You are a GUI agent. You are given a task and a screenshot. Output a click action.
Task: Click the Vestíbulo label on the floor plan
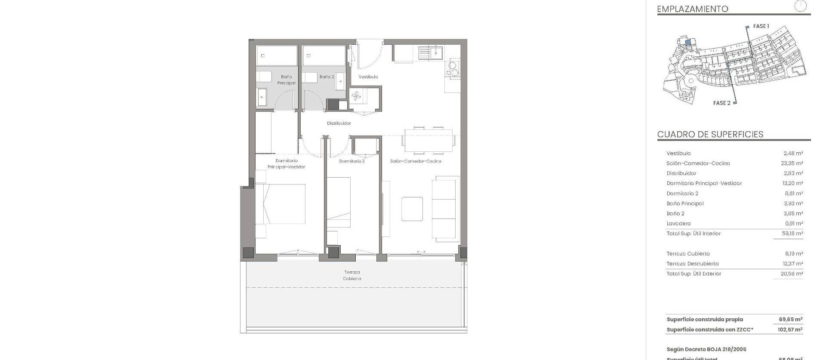pyautogui.click(x=368, y=77)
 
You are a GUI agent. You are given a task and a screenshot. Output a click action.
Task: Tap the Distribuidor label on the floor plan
pyautogui.click(x=339, y=123)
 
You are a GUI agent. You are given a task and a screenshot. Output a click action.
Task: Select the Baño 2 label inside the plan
pyautogui.click(x=327, y=77)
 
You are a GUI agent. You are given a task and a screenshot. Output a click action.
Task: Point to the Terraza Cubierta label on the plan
pyautogui.click(x=352, y=275)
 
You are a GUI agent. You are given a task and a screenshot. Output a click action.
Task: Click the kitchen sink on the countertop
pyautogui.click(x=431, y=53)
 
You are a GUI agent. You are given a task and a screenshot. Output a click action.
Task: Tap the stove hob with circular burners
pyautogui.click(x=452, y=69)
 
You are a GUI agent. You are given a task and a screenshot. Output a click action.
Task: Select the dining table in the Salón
pyautogui.click(x=428, y=140)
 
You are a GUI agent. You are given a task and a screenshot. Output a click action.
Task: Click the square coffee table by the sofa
pyautogui.click(x=412, y=209)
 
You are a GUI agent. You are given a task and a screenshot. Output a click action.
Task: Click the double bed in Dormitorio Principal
pyautogui.click(x=281, y=204)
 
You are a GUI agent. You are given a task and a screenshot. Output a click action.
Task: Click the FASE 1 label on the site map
pyautogui.click(x=761, y=26)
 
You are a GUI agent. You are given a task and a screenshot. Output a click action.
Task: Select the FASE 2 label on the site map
pyautogui.click(x=721, y=103)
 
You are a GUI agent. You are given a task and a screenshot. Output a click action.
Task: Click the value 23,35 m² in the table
pyautogui.click(x=792, y=163)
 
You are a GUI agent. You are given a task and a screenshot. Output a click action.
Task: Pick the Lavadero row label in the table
pyautogui.click(x=678, y=224)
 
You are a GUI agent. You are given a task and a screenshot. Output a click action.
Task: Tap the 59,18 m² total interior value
pyautogui.click(x=792, y=234)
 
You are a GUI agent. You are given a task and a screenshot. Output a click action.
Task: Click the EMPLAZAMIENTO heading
pyautogui.click(x=692, y=9)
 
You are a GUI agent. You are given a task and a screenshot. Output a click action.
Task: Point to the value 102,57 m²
pyautogui.click(x=790, y=330)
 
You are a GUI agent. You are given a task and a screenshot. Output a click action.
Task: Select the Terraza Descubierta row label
pyautogui.click(x=692, y=264)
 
